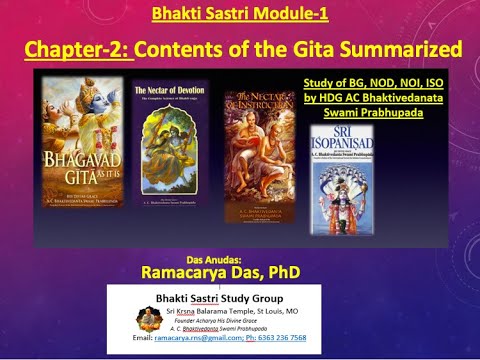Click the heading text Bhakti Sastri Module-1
[240, 15]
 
